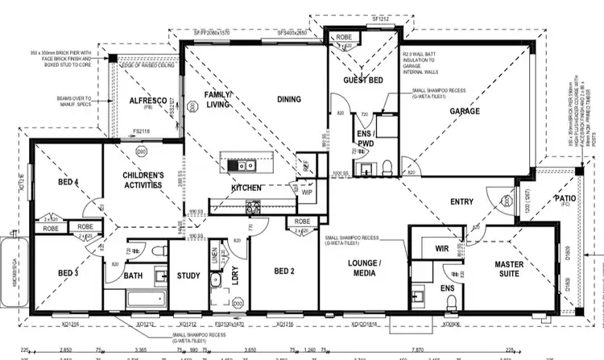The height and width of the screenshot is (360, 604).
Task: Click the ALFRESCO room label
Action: coord(147,102)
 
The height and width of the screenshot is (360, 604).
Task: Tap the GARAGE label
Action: coord(465,111)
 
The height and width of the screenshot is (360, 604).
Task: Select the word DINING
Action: coord(288,100)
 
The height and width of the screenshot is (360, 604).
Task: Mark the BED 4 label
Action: coord(68,183)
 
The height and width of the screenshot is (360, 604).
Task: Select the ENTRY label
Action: coord(461,201)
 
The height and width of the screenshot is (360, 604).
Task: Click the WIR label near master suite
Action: coord(441,249)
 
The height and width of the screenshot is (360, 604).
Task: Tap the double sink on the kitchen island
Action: coord(241,167)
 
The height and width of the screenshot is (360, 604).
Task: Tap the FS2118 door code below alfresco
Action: coord(142,130)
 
